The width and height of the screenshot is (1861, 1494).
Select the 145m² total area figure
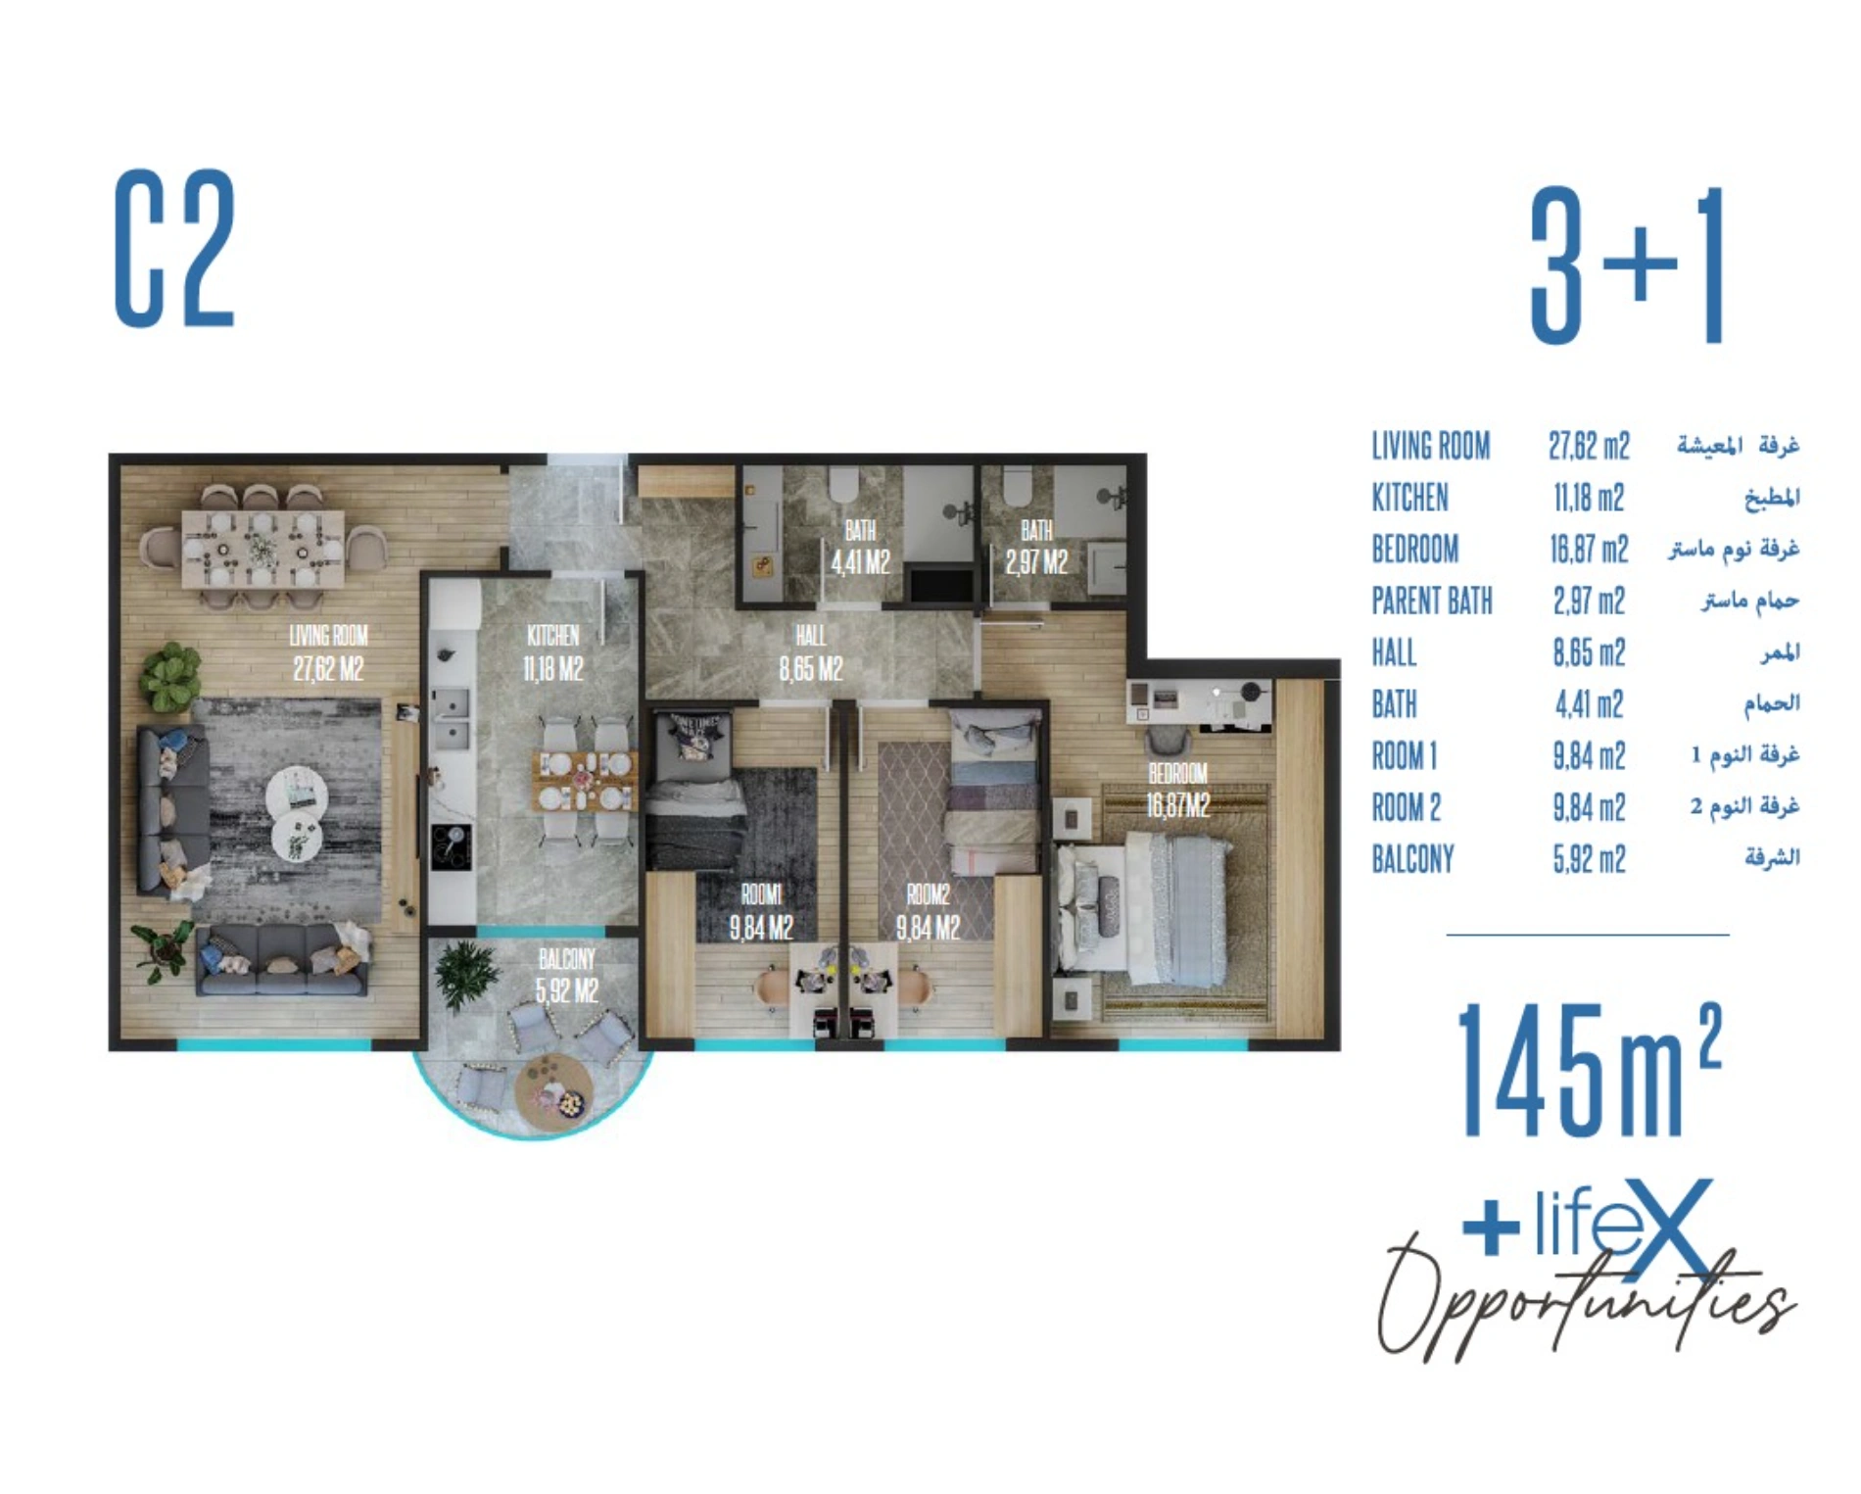click(x=1589, y=1068)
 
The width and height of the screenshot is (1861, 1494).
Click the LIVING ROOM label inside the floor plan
click(x=328, y=651)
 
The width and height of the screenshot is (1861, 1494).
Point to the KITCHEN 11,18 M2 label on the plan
click(x=553, y=652)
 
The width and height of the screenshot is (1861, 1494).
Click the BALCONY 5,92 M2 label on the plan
click(x=566, y=975)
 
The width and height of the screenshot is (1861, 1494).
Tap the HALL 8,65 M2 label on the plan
click(x=811, y=652)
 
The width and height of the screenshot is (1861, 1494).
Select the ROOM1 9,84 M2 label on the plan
click(x=761, y=911)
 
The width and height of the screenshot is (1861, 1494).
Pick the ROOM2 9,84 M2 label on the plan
click(x=928, y=911)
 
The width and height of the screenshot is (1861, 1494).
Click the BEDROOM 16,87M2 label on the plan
click(x=1178, y=790)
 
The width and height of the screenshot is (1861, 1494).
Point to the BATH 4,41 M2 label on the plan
click(x=860, y=547)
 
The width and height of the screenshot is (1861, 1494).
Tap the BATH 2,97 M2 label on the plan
click(x=1036, y=547)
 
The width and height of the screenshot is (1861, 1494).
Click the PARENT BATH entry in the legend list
click(x=1432, y=601)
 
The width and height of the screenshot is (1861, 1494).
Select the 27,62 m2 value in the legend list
click(x=1589, y=447)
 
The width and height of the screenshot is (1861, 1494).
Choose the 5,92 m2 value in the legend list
click(x=1589, y=859)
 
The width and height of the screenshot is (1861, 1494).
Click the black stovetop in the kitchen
click(x=452, y=845)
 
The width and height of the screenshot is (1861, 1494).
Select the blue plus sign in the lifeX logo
click(x=1490, y=1226)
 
